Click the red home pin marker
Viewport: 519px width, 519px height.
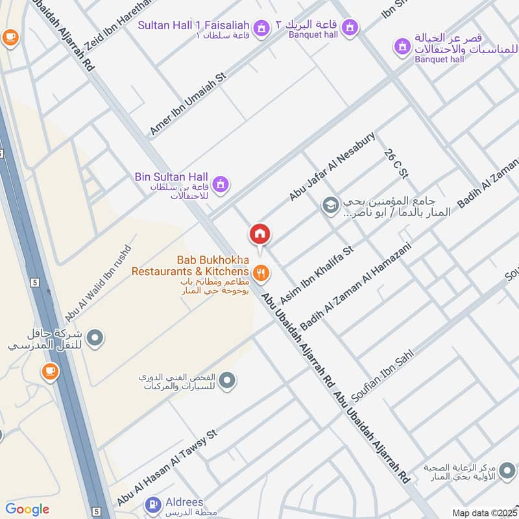point(260,234)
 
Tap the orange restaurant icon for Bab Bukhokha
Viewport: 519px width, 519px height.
point(261,274)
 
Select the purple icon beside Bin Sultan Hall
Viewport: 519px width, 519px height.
point(221,184)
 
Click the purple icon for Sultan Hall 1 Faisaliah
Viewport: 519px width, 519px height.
point(261,28)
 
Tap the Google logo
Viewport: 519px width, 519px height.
point(27,509)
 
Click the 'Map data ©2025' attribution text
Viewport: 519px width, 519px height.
point(483,513)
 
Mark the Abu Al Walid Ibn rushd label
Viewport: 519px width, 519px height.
point(98,284)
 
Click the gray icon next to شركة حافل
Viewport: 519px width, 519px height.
point(95,337)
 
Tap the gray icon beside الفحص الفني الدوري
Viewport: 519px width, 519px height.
point(226,381)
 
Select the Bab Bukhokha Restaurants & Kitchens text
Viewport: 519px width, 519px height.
point(190,265)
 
